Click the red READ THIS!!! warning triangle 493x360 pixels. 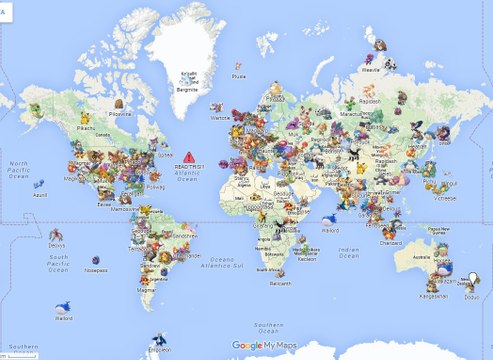coord(188,157)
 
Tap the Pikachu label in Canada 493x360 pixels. coord(87,128)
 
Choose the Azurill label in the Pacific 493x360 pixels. coord(41,197)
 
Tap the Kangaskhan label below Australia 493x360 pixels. coord(433,296)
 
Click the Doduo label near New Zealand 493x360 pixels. coord(472,298)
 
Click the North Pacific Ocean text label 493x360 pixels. coord(18,171)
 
